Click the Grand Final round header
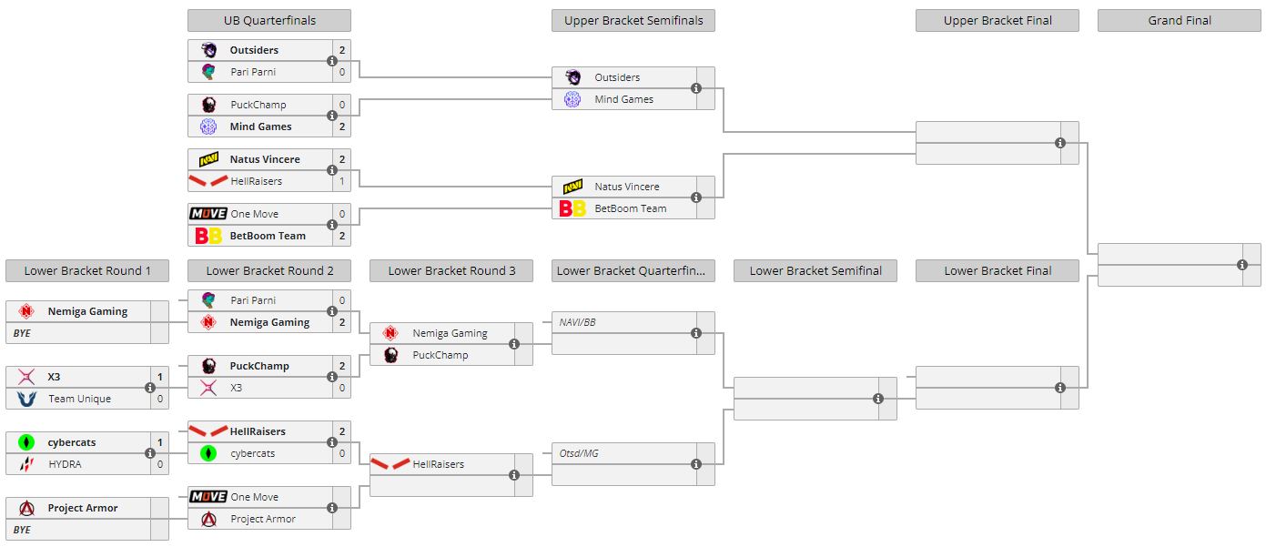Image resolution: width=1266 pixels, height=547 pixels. point(1179,20)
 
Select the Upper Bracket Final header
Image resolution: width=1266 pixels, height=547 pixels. point(997,20)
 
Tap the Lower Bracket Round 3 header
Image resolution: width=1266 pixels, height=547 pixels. point(451,270)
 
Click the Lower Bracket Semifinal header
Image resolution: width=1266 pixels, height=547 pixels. point(815,270)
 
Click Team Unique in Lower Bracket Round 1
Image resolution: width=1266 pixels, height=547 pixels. point(79,399)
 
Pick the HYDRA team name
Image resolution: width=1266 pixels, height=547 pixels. point(65,464)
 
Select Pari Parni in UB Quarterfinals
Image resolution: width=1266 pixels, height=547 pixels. point(252,72)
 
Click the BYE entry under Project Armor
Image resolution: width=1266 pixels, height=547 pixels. point(22,530)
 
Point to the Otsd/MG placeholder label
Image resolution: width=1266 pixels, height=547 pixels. point(579,453)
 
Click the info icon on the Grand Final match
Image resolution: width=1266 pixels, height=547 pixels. point(1242,265)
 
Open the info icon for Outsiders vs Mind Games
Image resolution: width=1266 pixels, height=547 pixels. point(696,88)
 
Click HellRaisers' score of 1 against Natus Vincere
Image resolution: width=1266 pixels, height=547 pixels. point(341,181)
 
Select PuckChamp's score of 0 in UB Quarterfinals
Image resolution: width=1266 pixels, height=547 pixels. point(341,105)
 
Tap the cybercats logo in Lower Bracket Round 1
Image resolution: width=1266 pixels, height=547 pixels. point(26,442)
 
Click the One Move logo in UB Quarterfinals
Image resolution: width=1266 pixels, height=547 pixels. point(208,214)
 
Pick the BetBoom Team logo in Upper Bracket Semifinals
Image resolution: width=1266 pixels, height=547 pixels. point(572,208)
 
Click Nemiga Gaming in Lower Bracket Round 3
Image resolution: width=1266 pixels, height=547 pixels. point(450,333)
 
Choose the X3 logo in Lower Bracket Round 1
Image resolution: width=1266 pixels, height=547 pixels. point(26,377)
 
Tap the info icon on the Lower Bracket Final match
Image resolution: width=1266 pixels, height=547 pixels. point(1060,388)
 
